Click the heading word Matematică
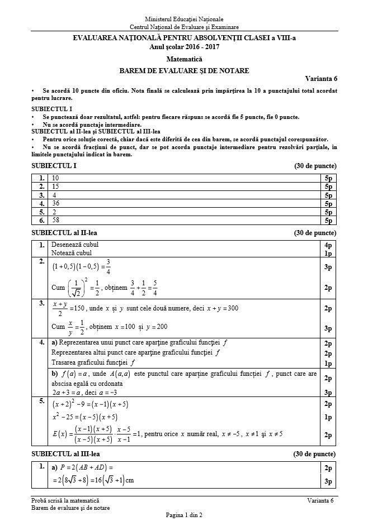(x=184, y=59)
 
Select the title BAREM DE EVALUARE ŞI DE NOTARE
(x=184, y=70)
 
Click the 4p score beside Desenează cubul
(x=328, y=245)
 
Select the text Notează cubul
(x=72, y=253)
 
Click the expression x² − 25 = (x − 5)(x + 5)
(x=84, y=417)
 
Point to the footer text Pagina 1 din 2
(x=183, y=515)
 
